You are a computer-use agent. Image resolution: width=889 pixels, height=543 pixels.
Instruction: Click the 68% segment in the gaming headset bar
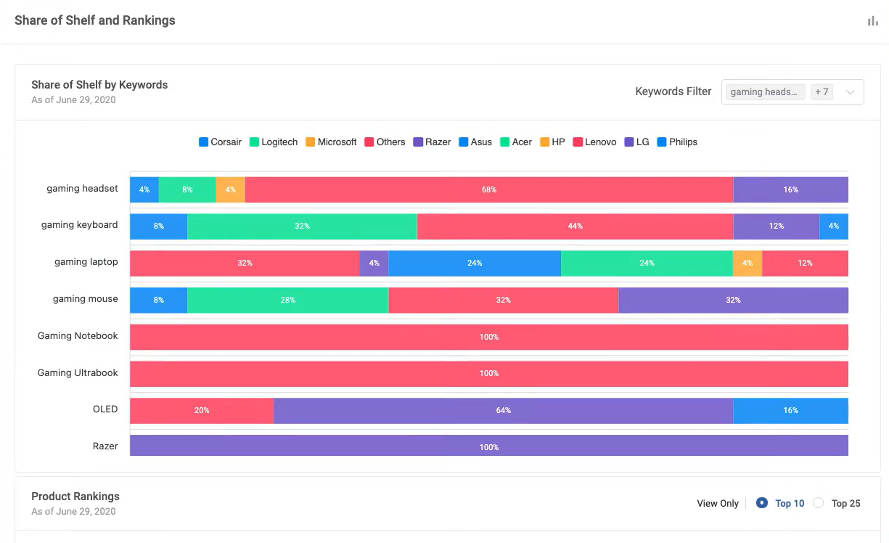(x=488, y=189)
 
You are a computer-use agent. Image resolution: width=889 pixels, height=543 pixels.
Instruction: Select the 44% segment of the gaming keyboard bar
(x=575, y=226)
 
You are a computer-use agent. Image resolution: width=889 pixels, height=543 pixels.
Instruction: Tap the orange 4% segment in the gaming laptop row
(x=747, y=263)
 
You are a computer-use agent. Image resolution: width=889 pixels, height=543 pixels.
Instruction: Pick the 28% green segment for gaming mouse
(x=287, y=300)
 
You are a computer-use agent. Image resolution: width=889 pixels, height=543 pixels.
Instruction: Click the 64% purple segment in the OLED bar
(x=503, y=410)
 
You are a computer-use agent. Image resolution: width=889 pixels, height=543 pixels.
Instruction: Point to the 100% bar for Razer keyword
(x=488, y=446)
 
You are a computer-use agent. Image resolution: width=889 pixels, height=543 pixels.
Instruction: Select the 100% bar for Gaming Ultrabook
(x=488, y=373)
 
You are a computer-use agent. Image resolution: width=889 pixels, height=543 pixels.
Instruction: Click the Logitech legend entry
(x=274, y=142)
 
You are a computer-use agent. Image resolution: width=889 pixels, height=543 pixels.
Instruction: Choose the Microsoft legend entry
(x=331, y=142)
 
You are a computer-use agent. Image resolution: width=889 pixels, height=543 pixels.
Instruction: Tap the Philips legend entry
(x=677, y=142)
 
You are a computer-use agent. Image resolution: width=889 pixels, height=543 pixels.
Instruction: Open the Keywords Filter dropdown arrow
(x=851, y=92)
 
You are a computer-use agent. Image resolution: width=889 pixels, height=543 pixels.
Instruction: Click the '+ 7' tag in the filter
(x=822, y=92)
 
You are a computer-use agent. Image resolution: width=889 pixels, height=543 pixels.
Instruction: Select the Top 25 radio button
(x=819, y=503)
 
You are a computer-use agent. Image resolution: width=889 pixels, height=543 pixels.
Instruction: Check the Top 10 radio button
(x=762, y=503)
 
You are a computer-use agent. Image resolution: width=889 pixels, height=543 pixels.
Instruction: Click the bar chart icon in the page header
(x=873, y=21)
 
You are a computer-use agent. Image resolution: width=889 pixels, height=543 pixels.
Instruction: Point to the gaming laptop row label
(x=86, y=262)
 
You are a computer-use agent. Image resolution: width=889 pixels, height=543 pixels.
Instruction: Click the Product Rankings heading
(x=75, y=497)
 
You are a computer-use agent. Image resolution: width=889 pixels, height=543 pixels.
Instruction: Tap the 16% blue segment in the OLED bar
(x=790, y=410)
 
